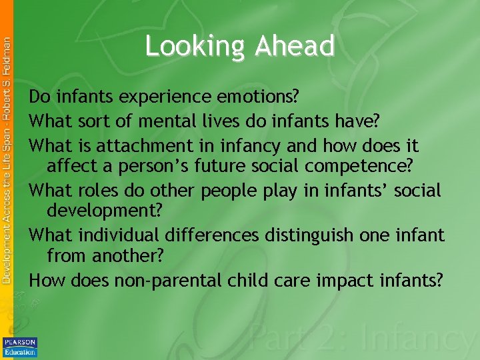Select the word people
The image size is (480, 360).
point(227,191)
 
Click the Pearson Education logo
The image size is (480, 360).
point(20,347)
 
